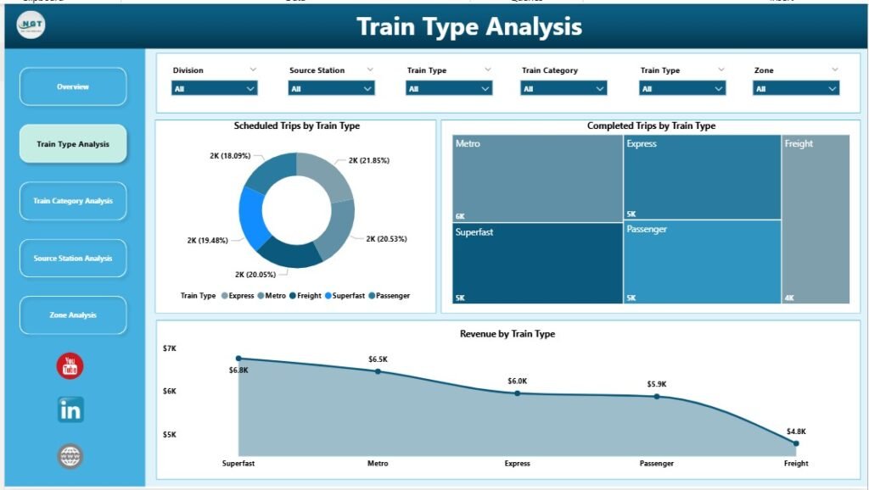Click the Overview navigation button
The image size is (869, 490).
pos(73,86)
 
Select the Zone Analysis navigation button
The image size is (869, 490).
pos(73,315)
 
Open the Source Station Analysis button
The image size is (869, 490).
pos(73,258)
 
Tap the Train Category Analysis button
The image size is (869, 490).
pos(73,201)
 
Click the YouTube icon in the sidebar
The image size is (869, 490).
pos(70,366)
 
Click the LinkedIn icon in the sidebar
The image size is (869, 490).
pos(70,410)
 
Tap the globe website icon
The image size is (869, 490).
pos(70,456)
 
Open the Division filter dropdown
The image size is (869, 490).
pos(215,88)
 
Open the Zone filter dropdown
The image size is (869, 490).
pos(796,88)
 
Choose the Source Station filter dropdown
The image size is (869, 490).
pos(332,88)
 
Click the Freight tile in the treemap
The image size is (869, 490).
pos(815,219)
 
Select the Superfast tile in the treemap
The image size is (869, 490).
pos(537,263)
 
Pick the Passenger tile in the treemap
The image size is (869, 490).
pos(702,263)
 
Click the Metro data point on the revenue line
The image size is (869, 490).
pos(378,371)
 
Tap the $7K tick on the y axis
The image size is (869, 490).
pos(170,348)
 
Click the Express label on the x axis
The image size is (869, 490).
pos(517,464)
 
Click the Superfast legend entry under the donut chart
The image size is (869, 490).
pos(345,296)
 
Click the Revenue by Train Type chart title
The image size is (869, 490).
pos(507,334)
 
